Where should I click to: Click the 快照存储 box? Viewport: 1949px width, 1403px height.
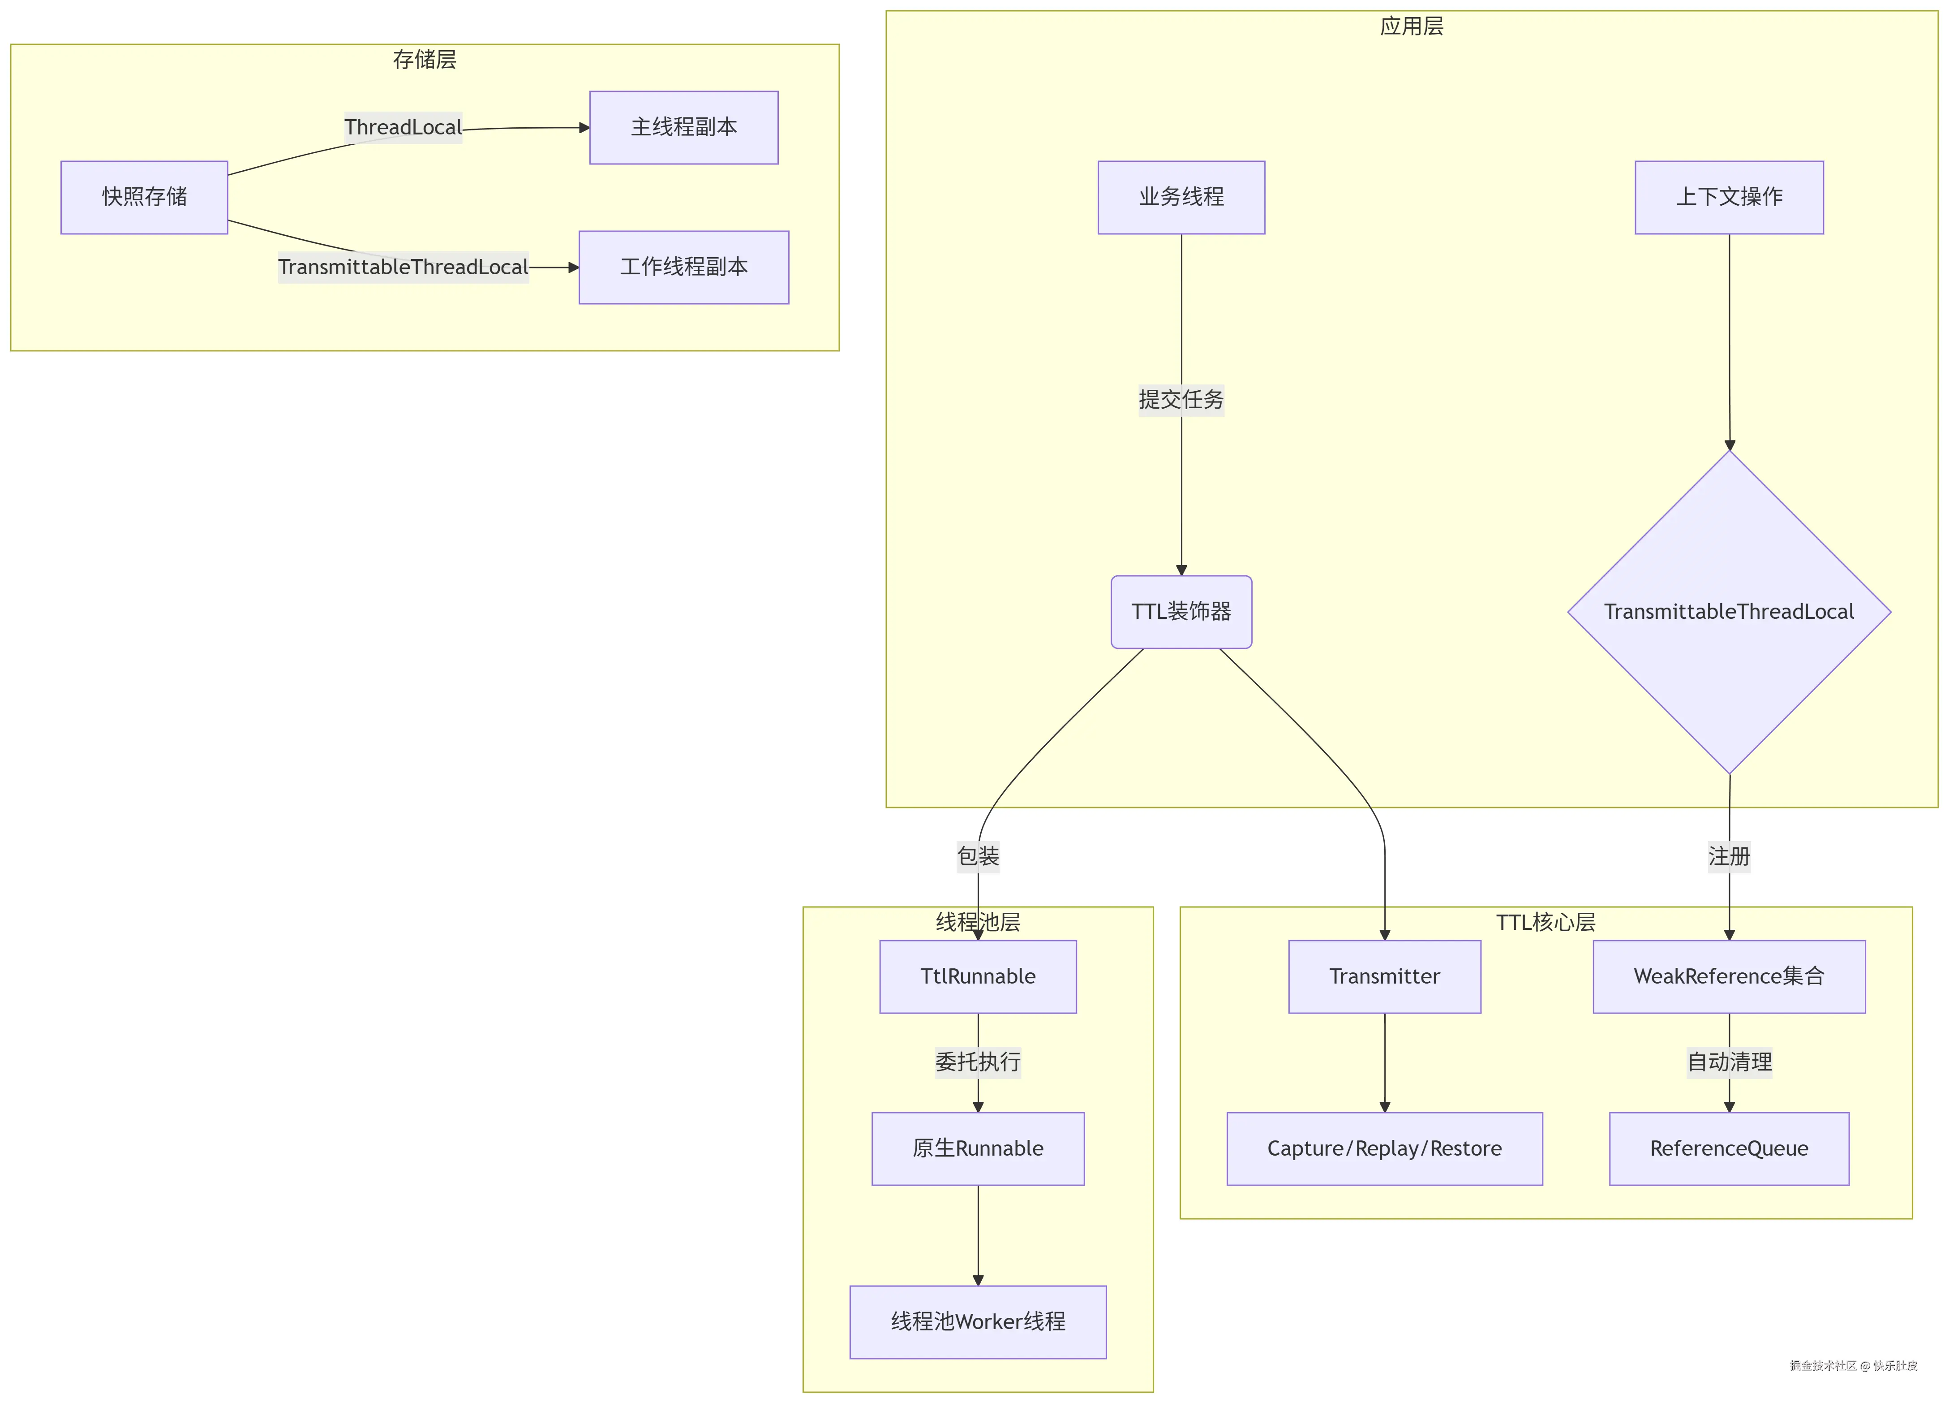pos(144,197)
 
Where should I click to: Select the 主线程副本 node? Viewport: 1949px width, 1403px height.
pos(683,127)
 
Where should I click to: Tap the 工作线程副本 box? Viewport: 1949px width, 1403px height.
pos(683,268)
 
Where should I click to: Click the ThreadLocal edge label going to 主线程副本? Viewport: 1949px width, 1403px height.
pos(403,127)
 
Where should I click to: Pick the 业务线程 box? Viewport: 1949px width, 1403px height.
pos(1181,197)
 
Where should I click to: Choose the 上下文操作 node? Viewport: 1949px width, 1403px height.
pos(1729,197)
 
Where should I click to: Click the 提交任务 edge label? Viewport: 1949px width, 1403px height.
pos(1181,400)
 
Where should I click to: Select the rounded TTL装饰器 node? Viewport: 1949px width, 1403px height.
pos(1181,612)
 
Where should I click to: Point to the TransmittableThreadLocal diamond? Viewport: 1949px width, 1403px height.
pos(1729,612)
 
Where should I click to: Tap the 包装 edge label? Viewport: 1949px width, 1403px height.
pos(978,856)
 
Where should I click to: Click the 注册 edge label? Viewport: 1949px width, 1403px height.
pos(1729,856)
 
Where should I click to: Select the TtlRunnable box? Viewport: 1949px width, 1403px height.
pos(978,976)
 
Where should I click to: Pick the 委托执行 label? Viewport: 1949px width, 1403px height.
pos(978,1062)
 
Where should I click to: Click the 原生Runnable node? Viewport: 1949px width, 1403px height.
pos(978,1148)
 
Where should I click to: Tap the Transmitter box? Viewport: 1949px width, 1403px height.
pos(1384,976)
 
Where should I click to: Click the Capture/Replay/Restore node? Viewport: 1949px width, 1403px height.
pos(1384,1148)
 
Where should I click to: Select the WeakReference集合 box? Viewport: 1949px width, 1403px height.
pos(1729,976)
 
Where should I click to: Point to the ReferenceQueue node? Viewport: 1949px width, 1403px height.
pos(1729,1148)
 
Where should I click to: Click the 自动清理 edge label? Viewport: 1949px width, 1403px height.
pos(1729,1062)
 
